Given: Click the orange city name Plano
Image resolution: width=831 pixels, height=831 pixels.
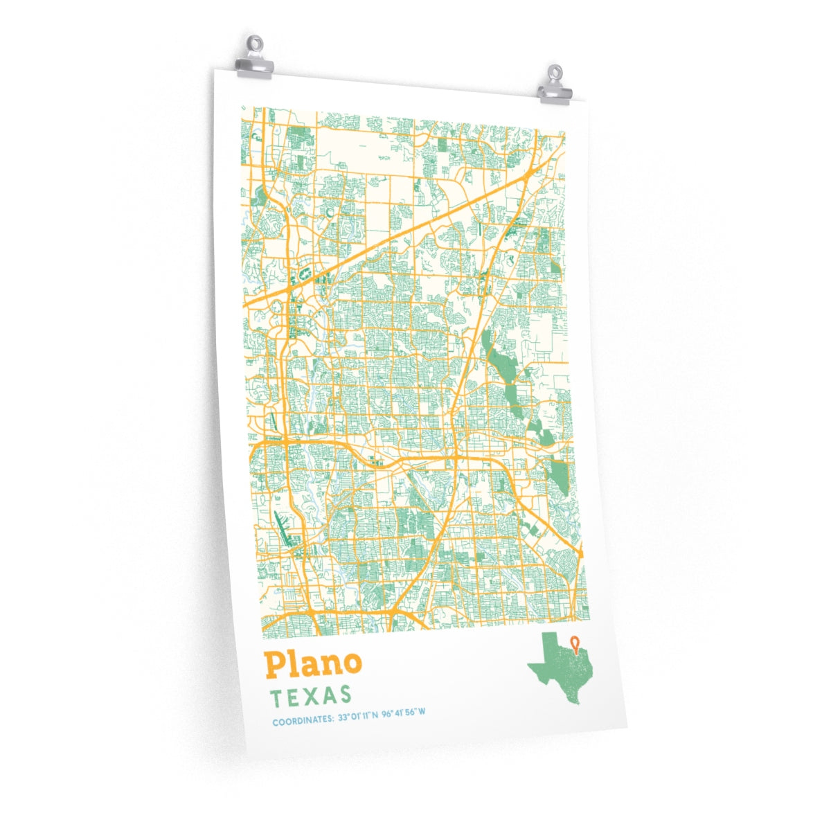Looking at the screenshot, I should click(x=312, y=664).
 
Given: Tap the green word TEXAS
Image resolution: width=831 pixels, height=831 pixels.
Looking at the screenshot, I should click(x=311, y=696).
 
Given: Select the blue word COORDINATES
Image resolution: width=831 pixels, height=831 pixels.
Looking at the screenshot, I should click(x=302, y=722).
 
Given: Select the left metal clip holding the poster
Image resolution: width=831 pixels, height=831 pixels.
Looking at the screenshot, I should click(x=254, y=59).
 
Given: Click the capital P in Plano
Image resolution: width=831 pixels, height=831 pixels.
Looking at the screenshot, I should click(x=274, y=665).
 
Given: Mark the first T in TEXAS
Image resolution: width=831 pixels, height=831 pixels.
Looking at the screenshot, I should click(x=277, y=698).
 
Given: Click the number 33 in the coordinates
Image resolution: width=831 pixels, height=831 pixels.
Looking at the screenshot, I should click(x=341, y=719).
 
